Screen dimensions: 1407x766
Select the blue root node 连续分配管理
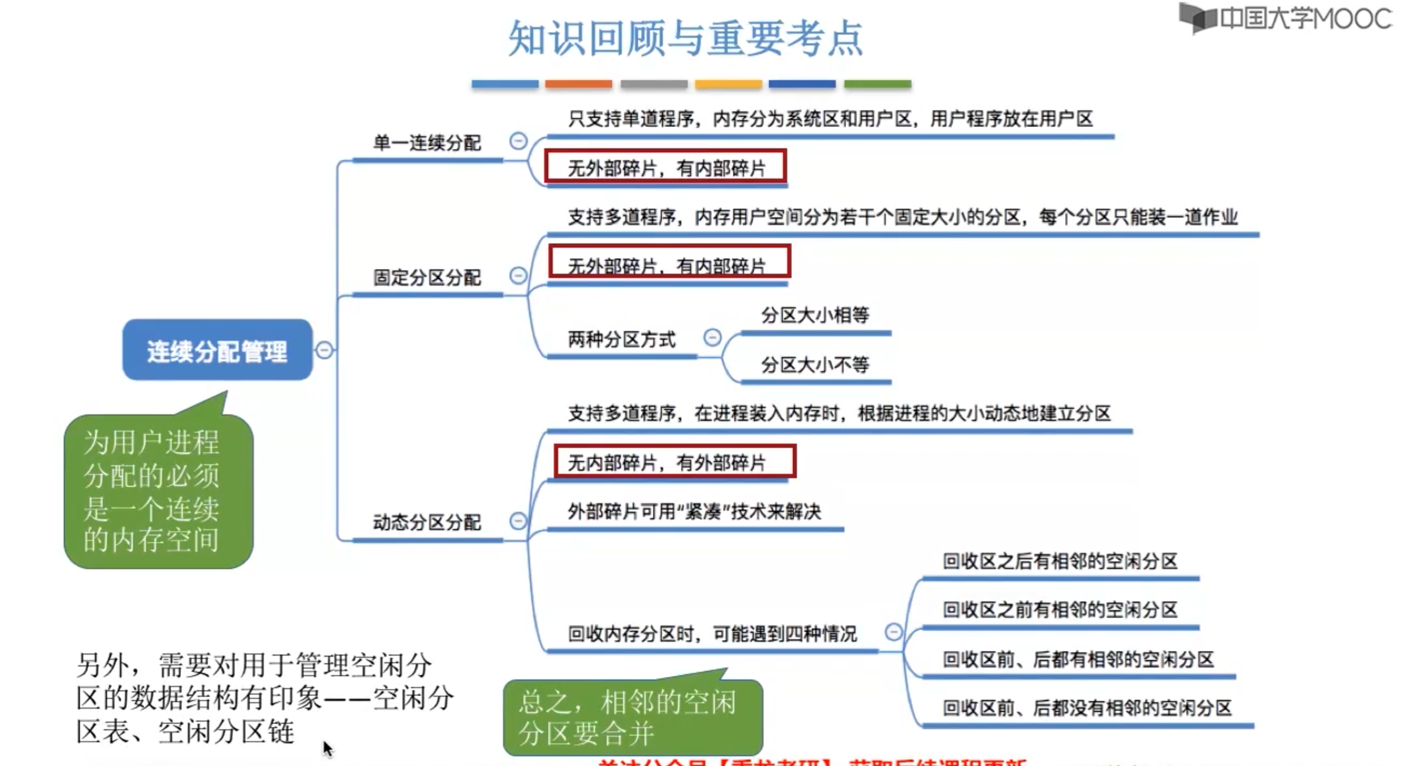[x=217, y=350]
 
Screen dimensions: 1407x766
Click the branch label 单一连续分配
[x=427, y=143]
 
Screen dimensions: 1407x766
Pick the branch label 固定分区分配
[x=427, y=277]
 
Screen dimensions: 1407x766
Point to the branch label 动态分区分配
[x=427, y=522]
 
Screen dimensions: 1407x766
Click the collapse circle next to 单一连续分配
[x=518, y=141]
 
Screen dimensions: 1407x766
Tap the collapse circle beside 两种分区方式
[x=712, y=337]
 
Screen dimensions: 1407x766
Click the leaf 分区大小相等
[x=815, y=315]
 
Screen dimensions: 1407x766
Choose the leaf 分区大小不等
[x=815, y=364]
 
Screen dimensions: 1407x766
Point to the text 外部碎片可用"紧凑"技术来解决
[x=694, y=511]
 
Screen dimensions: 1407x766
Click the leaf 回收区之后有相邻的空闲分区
[x=1060, y=560]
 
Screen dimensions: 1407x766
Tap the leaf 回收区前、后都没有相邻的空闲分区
[x=1087, y=708]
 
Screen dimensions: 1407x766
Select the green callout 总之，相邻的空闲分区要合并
[x=632, y=716]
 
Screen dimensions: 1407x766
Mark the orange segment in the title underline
[x=578, y=84]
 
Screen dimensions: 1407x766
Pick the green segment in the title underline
[x=877, y=84]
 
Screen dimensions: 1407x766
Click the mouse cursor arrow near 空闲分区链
[x=327, y=747]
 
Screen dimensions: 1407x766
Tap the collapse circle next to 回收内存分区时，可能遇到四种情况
[x=893, y=632]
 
